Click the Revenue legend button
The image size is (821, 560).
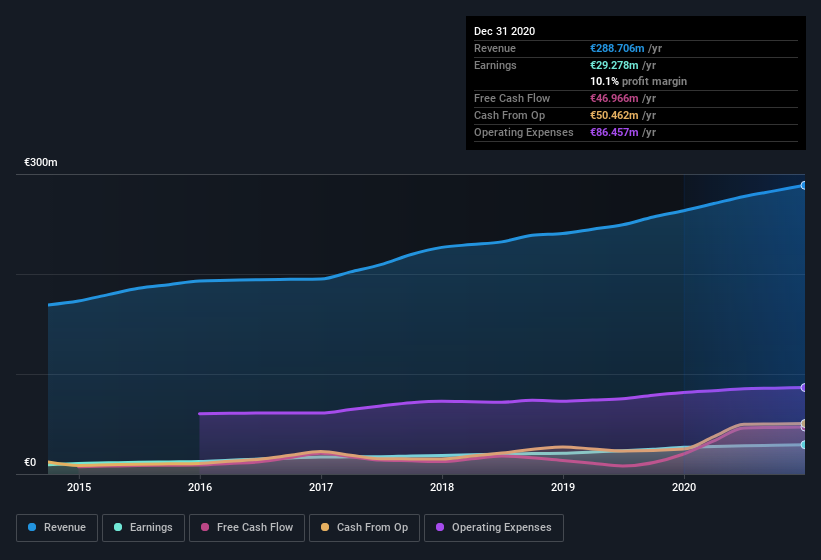click(57, 527)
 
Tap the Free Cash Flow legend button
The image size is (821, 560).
click(247, 527)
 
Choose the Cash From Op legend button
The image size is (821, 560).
click(363, 527)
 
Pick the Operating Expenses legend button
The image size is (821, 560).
click(493, 527)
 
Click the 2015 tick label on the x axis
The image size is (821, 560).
click(79, 487)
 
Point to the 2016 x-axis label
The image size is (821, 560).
click(200, 487)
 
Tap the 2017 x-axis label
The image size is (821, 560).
click(321, 487)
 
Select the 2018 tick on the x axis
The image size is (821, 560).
click(442, 487)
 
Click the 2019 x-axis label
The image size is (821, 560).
click(563, 487)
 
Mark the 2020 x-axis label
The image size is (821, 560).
click(684, 487)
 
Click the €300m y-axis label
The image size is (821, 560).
click(41, 162)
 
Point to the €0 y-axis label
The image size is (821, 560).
click(30, 462)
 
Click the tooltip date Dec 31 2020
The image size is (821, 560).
click(504, 31)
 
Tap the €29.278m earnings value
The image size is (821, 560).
click(614, 65)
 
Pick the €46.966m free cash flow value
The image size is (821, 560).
click(614, 98)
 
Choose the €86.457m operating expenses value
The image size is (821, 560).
click(614, 132)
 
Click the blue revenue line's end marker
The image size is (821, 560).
click(803, 185)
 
